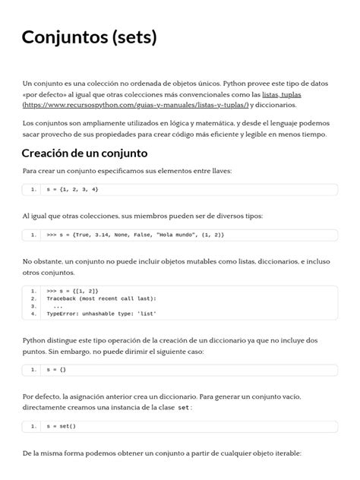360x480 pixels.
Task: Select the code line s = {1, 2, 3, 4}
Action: [72, 188]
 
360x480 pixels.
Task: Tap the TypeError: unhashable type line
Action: [102, 312]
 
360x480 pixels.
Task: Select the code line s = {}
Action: [57, 369]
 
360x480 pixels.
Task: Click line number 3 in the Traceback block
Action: [34, 305]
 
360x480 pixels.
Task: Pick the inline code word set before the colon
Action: [183, 408]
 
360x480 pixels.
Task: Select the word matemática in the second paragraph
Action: [214, 123]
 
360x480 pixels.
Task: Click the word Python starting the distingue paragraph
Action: [37, 341]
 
